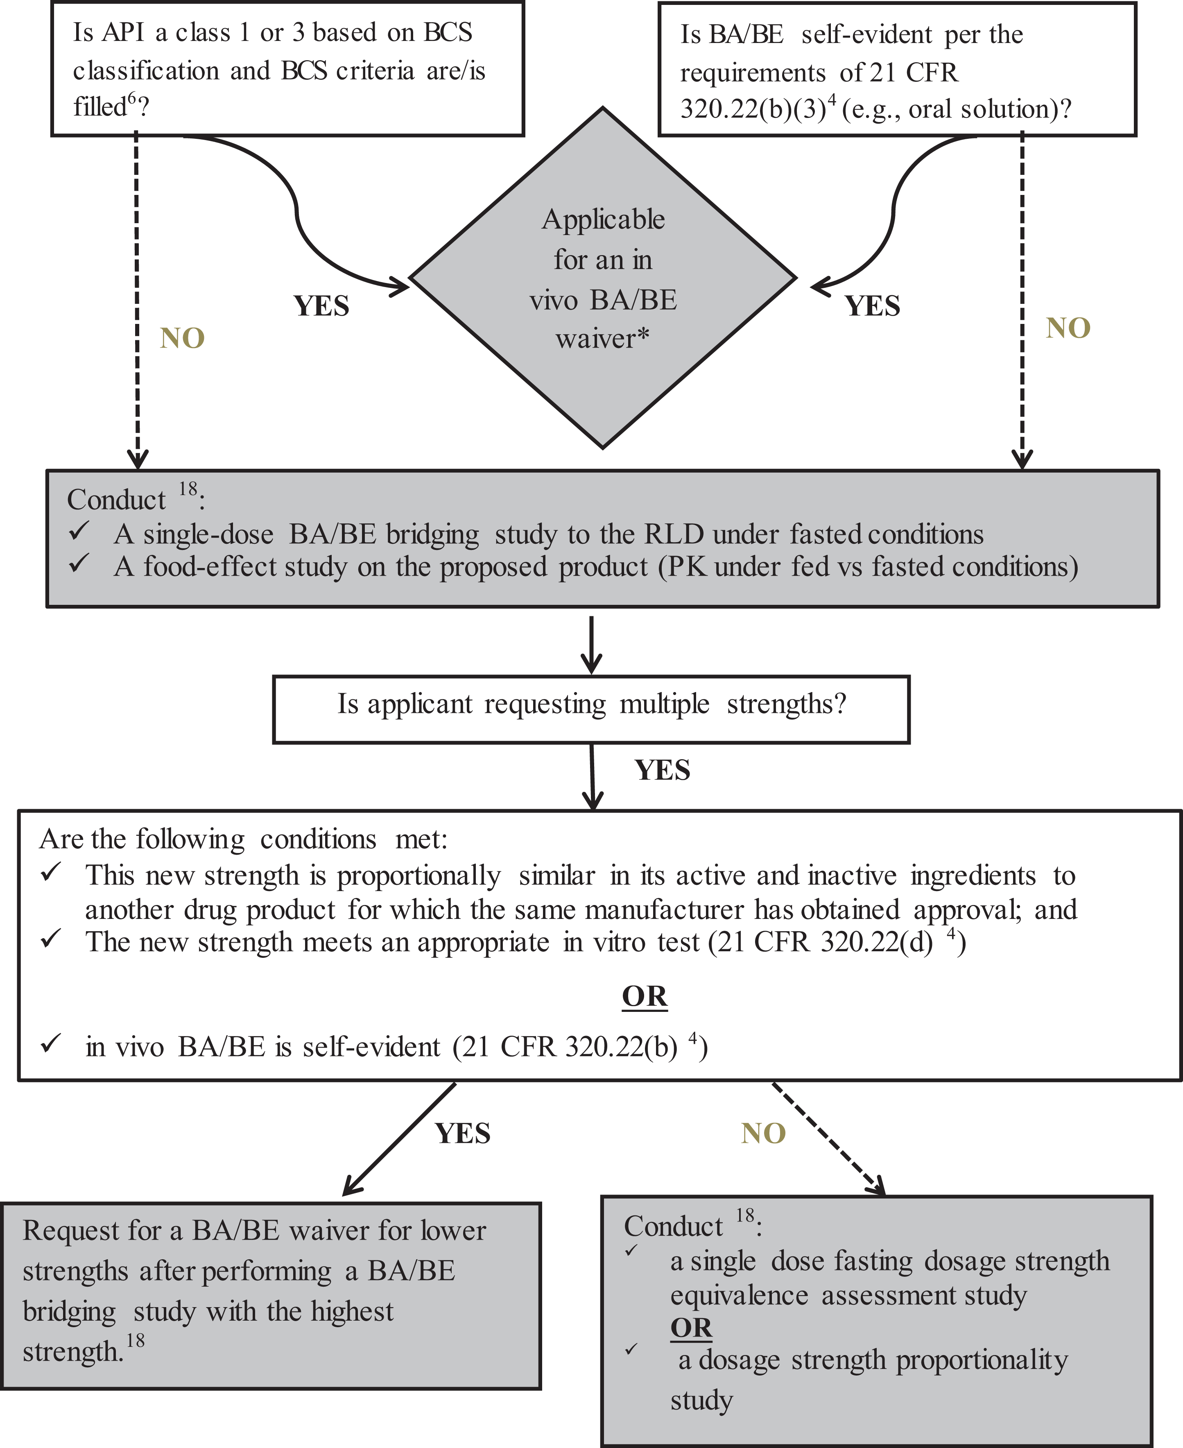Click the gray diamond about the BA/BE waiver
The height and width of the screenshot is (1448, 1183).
click(x=603, y=278)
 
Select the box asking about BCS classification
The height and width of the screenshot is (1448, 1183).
click(x=287, y=68)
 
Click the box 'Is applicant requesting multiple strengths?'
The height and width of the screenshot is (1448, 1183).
click(x=591, y=709)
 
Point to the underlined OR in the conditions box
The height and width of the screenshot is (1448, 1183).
click(x=645, y=996)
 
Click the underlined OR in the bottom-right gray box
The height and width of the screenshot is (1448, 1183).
click(x=691, y=1328)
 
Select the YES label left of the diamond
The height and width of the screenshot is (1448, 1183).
click(x=321, y=306)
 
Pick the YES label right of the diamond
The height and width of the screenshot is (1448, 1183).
click(x=872, y=306)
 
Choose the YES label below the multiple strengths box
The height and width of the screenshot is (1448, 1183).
click(x=663, y=770)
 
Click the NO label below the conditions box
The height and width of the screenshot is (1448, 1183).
click(x=763, y=1133)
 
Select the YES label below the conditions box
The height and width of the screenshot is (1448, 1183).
click(x=463, y=1133)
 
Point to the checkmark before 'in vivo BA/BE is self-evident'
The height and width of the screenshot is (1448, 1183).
click(x=51, y=1043)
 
